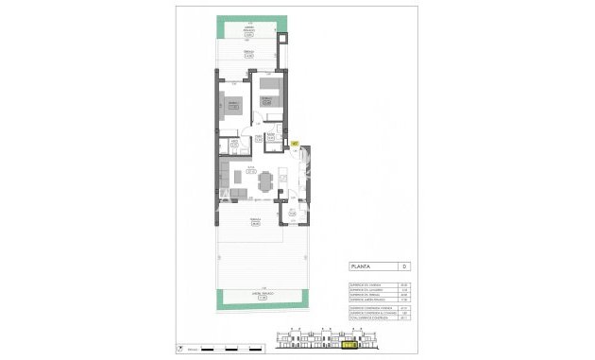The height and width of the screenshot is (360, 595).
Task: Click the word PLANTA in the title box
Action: click(x=359, y=267)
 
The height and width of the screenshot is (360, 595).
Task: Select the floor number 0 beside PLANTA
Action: click(x=403, y=267)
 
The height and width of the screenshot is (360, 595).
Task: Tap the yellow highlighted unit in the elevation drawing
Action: click(x=349, y=345)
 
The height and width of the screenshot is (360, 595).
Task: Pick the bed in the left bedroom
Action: click(x=232, y=105)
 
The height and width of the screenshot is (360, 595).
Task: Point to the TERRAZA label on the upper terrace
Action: click(x=248, y=52)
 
